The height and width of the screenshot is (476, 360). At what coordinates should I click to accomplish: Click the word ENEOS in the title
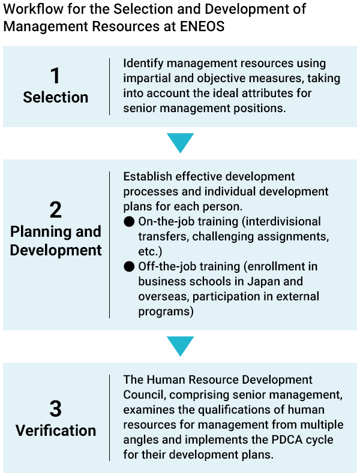pos(202,26)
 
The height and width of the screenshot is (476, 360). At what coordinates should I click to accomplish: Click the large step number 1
pos(55,76)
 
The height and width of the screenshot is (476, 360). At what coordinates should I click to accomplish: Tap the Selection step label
pos(56,98)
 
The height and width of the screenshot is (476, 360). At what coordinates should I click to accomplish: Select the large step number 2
pos(56,210)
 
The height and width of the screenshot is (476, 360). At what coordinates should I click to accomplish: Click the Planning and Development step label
pos(56,241)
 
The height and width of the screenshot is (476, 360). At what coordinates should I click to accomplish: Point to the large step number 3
pos(56,409)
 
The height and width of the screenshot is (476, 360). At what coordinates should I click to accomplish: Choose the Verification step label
pos(56,430)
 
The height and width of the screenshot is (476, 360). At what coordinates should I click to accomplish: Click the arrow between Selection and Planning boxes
pos(180,143)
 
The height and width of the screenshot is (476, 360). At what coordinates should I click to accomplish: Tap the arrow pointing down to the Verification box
pos(180,346)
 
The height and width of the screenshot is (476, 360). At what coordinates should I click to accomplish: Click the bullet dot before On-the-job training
pos(129,222)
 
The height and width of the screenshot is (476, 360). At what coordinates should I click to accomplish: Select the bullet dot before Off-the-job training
pos(129,267)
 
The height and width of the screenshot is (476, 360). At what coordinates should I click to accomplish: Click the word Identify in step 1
pos(143,64)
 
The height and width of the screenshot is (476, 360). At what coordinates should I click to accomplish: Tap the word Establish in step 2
pos(148,176)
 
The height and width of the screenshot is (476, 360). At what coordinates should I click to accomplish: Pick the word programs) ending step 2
pos(166,312)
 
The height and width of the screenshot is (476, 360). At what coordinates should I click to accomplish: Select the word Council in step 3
pos(145,394)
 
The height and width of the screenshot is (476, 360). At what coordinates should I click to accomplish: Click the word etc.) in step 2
pos(151,251)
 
